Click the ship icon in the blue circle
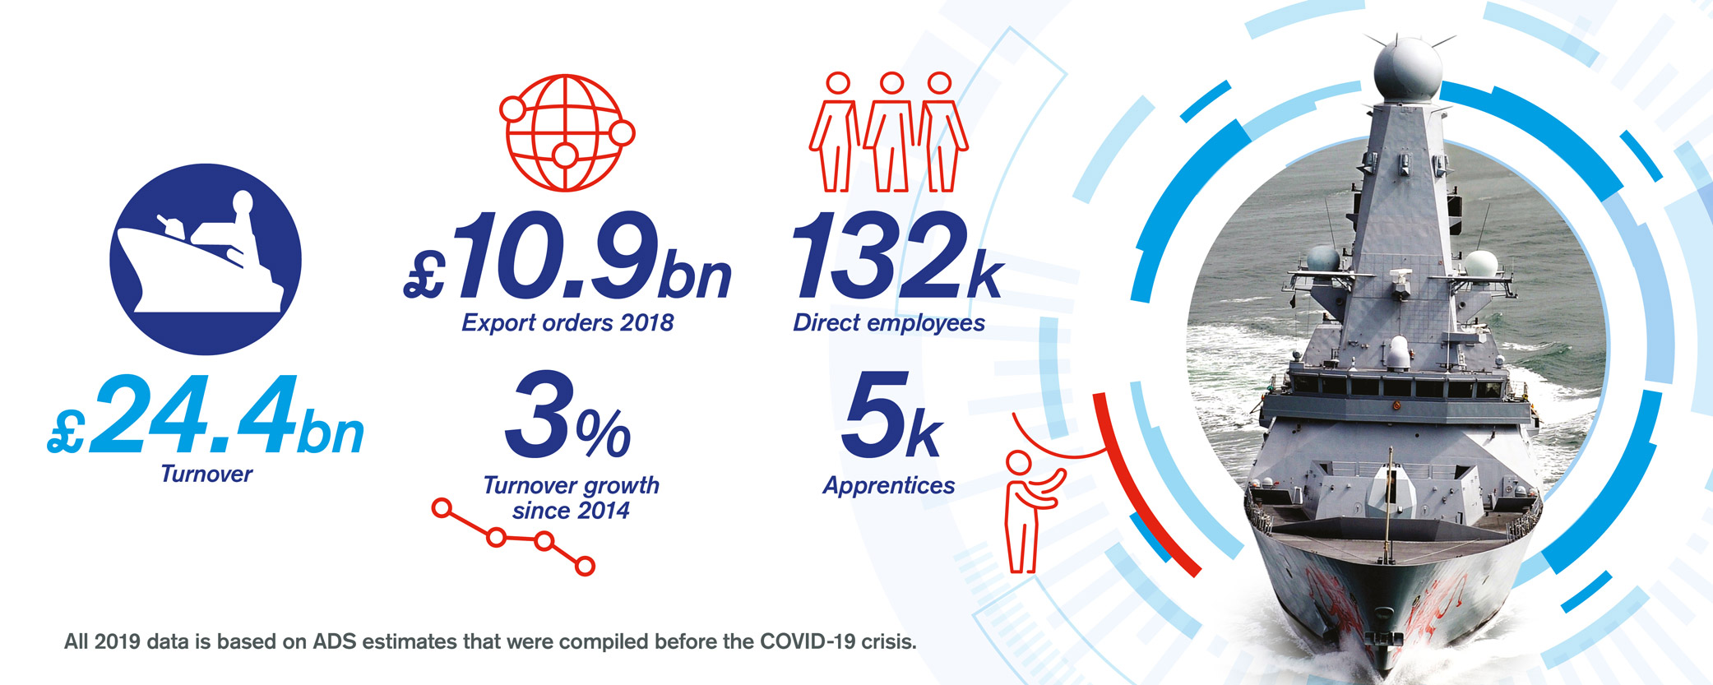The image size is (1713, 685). (x=205, y=259)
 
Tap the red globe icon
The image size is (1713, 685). (x=567, y=132)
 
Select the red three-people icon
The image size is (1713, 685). (x=889, y=132)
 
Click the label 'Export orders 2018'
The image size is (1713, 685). (x=567, y=323)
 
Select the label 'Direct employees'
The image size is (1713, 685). (x=889, y=323)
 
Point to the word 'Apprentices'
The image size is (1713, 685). (x=889, y=486)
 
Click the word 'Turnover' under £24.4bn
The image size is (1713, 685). (x=206, y=474)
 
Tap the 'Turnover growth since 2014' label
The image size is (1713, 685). (x=571, y=498)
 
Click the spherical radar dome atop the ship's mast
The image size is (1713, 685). (x=1407, y=69)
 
